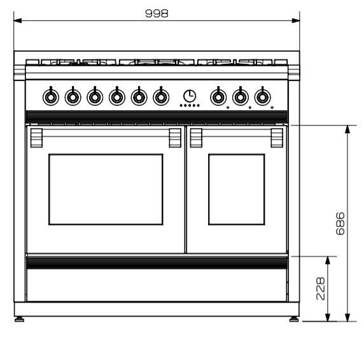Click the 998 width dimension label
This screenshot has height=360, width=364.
(x=157, y=13)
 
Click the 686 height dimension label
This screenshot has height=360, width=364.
(x=340, y=223)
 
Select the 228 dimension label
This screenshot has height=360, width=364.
(x=321, y=288)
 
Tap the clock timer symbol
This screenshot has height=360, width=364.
(x=190, y=96)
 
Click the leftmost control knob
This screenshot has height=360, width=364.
(x=51, y=96)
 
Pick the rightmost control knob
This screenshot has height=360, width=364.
(x=263, y=96)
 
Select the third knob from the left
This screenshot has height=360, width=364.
(x=95, y=96)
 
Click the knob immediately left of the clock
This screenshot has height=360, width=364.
(x=161, y=96)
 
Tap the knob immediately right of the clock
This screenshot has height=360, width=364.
(x=218, y=96)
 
